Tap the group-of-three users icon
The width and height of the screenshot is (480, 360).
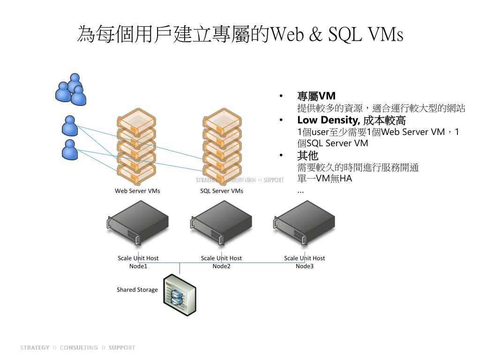point(71,90)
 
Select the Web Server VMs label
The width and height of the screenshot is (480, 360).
point(137,191)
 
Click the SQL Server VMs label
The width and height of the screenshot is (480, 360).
point(222,191)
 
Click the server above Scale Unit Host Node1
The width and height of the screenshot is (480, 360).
point(138,223)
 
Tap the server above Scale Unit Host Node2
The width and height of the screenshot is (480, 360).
point(221,223)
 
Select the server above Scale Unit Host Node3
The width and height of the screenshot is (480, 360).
point(305,223)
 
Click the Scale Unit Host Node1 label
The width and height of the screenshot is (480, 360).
point(138,262)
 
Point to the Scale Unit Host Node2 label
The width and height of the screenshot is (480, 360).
point(221,262)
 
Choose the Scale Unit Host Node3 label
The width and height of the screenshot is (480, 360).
point(304,262)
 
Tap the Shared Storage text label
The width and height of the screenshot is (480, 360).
point(137,290)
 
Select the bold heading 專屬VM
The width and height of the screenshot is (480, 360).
point(316,97)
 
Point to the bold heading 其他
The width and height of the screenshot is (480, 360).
point(307,156)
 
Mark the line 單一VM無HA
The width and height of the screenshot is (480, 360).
point(324,179)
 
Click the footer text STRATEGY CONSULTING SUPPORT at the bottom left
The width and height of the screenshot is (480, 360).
point(77,347)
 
